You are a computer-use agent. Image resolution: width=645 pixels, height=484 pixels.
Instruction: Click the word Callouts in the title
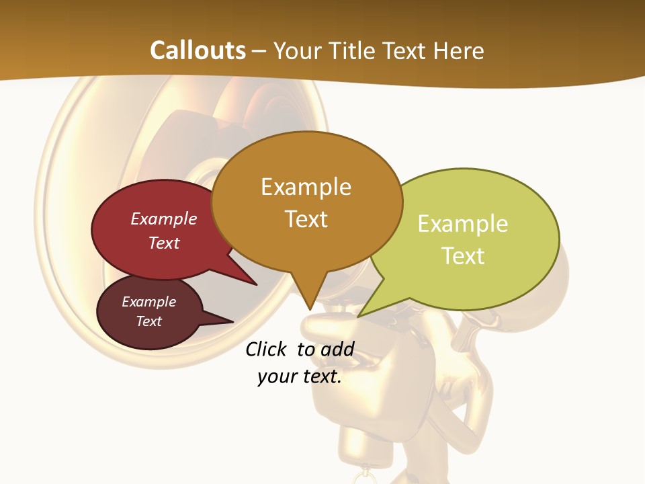click(x=198, y=50)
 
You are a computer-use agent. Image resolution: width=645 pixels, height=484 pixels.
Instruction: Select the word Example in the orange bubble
click(x=306, y=187)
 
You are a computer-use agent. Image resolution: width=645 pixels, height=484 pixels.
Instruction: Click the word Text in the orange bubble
click(x=306, y=219)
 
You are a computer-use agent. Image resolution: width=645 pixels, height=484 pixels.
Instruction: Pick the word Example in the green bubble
click(x=463, y=224)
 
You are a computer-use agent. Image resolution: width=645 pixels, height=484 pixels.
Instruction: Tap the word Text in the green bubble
click(x=463, y=256)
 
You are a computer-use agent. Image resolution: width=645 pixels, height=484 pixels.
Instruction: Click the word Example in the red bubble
click(x=164, y=219)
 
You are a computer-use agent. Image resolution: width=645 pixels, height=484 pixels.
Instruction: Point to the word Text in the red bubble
click(x=164, y=243)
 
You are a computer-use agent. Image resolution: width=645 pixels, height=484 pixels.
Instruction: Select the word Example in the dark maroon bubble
click(x=148, y=302)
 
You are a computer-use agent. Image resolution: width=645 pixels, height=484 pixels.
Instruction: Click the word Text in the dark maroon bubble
click(x=148, y=321)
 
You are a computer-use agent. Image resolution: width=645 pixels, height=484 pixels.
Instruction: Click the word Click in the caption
click(x=265, y=350)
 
